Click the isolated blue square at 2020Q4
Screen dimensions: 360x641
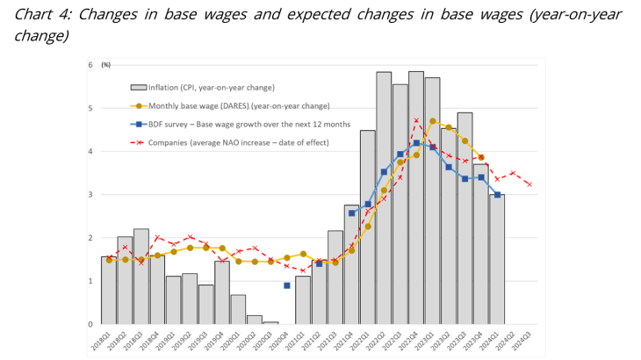[287, 285]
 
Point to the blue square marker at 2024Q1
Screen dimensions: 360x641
[497, 195]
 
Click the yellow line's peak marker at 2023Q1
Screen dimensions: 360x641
[433, 121]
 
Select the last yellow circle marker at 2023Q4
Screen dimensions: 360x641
[481, 158]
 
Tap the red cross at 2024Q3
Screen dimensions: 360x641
[529, 184]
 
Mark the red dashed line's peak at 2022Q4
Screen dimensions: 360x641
[416, 120]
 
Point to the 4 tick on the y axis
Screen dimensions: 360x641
[90, 151]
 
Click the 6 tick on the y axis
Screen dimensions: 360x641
[90, 65]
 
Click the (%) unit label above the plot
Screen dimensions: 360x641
[106, 65]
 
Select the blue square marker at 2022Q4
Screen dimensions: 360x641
[416, 144]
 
